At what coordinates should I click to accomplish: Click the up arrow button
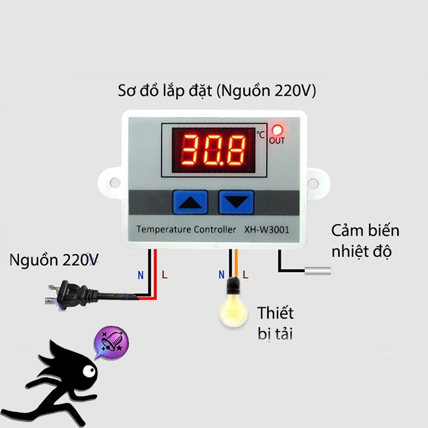[x=191, y=202]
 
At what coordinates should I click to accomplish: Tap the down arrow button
[x=237, y=202]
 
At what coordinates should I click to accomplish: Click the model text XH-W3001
[x=267, y=229]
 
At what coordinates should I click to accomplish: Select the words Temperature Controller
[x=181, y=229]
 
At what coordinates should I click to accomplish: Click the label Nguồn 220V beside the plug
[x=54, y=260]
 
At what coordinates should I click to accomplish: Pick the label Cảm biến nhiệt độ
[x=365, y=241]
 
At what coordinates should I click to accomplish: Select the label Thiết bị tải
[x=275, y=323]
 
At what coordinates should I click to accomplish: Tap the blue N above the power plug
[x=140, y=275]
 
